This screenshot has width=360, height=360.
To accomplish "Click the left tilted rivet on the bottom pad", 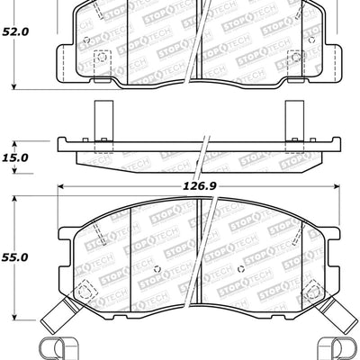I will click(87, 292).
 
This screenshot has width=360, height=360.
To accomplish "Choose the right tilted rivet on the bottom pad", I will click(311, 292).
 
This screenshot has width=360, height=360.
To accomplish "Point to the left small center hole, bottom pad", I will click(158, 271).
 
